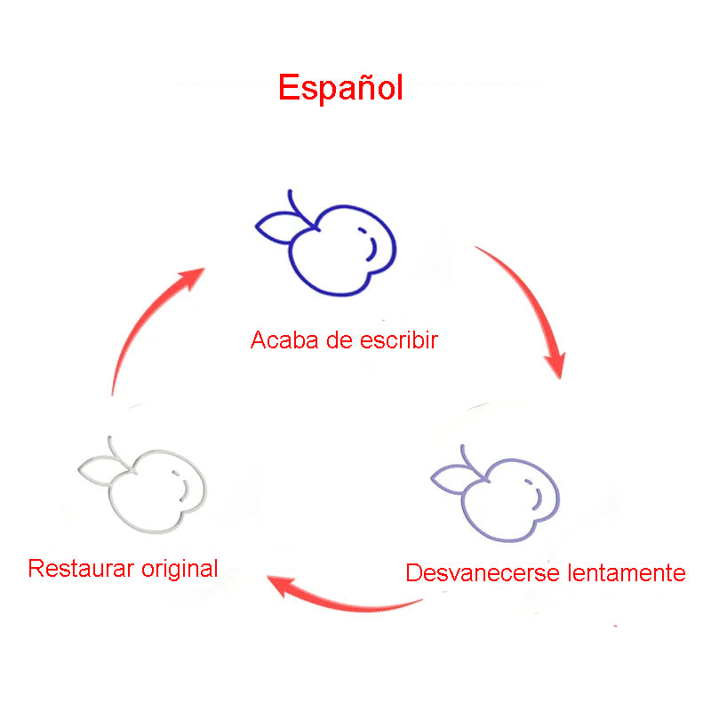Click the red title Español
pyautogui.click(x=340, y=87)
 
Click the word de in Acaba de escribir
pyautogui.click(x=340, y=340)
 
